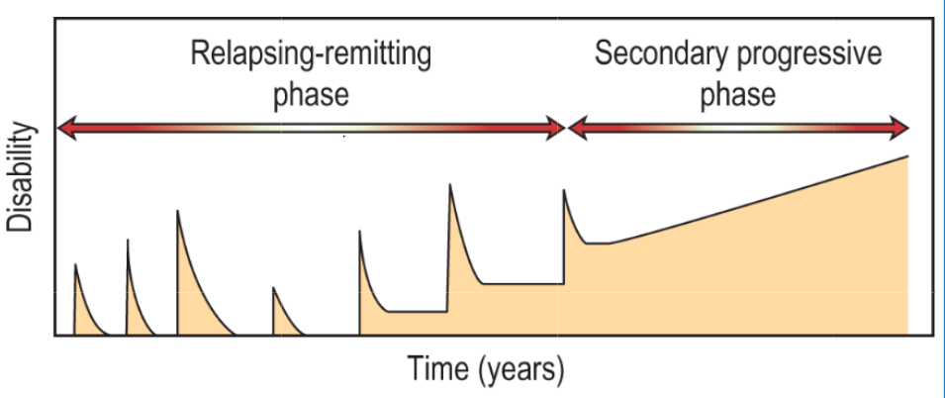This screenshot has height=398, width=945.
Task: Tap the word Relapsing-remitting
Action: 311,53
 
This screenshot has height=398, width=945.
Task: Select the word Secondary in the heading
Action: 660,53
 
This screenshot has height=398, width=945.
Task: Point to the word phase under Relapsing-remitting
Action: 311,96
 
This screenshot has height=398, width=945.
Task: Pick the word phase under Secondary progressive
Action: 737,96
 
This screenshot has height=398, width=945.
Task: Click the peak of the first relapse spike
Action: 75,264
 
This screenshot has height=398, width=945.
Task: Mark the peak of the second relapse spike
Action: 127,240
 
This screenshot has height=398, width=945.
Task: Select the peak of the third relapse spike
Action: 178,210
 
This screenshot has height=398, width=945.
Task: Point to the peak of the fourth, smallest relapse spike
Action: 273,288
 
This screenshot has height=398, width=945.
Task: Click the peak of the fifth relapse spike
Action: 359,231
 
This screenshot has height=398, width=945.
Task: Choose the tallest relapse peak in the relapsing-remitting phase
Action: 450,184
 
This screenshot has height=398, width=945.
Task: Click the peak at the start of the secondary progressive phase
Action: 564,190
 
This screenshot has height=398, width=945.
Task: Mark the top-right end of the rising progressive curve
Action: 907,156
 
